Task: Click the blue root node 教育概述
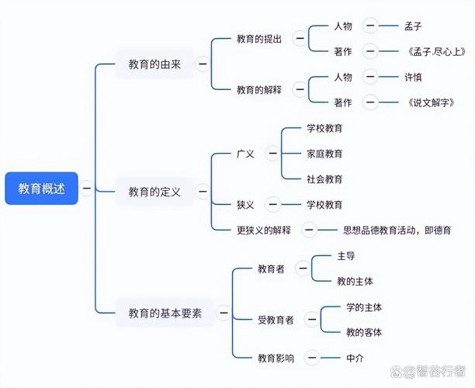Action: (x=42, y=188)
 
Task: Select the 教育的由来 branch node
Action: (x=154, y=64)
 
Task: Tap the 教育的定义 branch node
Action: (x=154, y=191)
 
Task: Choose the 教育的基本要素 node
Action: (x=165, y=314)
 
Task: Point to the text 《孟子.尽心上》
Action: (x=435, y=51)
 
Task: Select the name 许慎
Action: (x=414, y=77)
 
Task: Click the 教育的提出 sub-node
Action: (x=259, y=38)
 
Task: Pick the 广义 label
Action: (x=245, y=154)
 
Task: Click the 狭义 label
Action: (x=245, y=205)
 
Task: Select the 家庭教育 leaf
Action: (x=324, y=154)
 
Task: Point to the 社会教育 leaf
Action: (x=324, y=179)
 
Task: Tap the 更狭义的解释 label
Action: (x=263, y=230)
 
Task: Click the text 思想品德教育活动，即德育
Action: (x=397, y=230)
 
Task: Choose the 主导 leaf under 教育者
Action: (x=346, y=255)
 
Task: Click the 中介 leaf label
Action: (x=355, y=358)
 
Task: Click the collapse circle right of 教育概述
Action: (x=87, y=188)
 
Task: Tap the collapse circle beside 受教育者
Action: (x=311, y=319)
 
